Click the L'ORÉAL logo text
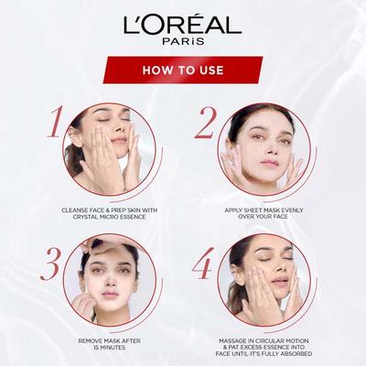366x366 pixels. point(183,25)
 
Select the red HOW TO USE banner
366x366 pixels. point(183,70)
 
